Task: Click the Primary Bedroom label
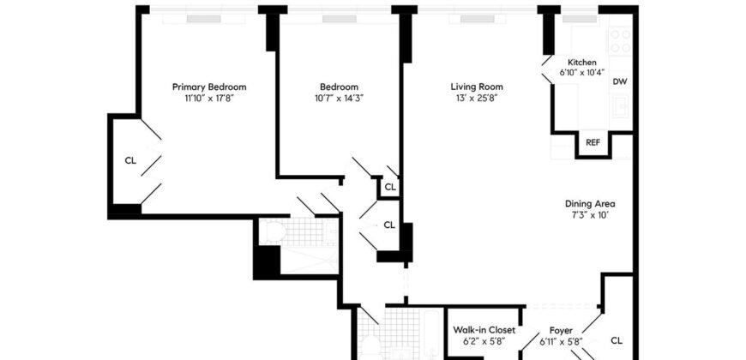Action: pos(209,87)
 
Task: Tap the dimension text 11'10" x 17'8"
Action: pos(209,98)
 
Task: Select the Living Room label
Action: pos(477,87)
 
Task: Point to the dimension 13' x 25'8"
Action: pos(477,98)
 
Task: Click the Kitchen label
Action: pos(582,63)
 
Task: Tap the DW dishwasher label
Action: pos(620,82)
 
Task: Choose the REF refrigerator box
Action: pos(593,143)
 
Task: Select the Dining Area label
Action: pos(590,203)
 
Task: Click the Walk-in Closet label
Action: pos(484,329)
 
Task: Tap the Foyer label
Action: pos(563,329)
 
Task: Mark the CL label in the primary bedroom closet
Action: pos(130,159)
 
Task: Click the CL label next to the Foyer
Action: pos(617,340)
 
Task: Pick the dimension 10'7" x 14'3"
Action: pos(339,98)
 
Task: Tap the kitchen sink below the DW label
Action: pos(620,106)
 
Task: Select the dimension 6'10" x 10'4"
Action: pos(582,73)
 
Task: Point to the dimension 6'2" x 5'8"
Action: pos(484,341)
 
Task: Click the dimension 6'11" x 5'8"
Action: pos(563,341)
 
